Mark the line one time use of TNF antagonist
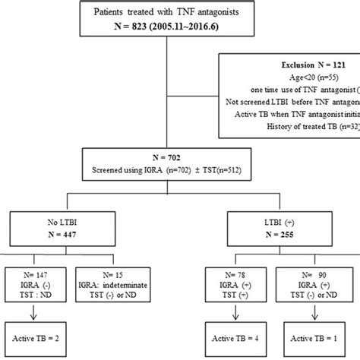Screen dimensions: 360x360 point(301,90)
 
